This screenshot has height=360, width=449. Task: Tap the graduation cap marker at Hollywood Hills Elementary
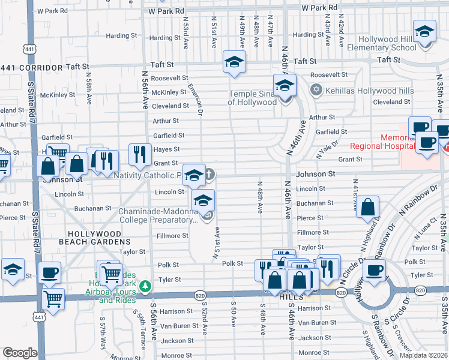(424, 32)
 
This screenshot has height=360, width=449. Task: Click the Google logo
(20, 353)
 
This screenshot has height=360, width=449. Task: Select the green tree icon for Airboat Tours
(144, 287)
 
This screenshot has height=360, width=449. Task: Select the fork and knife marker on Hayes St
(139, 155)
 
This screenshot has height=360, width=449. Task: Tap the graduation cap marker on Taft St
(234, 62)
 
